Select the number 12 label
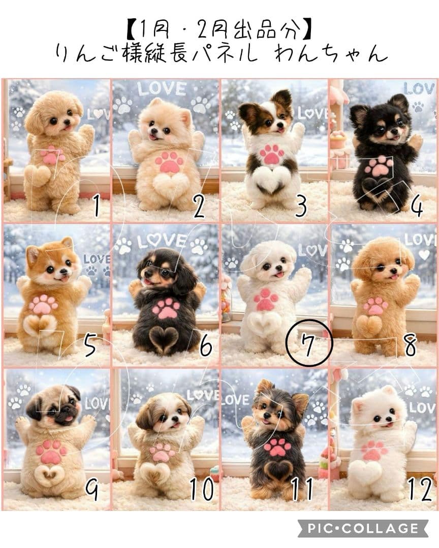point(419,488)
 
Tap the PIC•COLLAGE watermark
point(362,528)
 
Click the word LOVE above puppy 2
point(162,89)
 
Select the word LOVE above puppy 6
point(162,239)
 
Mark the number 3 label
point(301,206)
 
